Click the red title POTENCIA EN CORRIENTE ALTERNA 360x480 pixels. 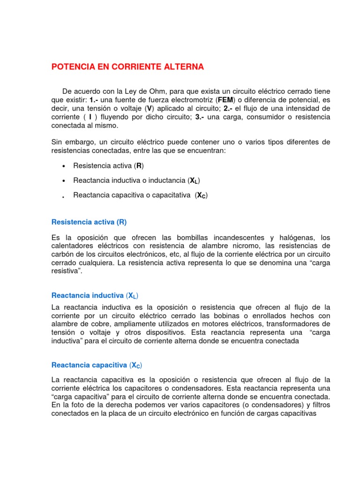coord(127,67)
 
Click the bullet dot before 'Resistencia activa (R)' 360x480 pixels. coord(63,166)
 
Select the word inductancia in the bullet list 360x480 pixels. coord(168,180)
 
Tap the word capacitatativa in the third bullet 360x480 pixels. coord(167,195)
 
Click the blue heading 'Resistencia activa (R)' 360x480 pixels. coord(89,222)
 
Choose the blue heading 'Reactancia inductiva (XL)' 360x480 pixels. coord(95,295)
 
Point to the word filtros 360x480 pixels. coord(319,405)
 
